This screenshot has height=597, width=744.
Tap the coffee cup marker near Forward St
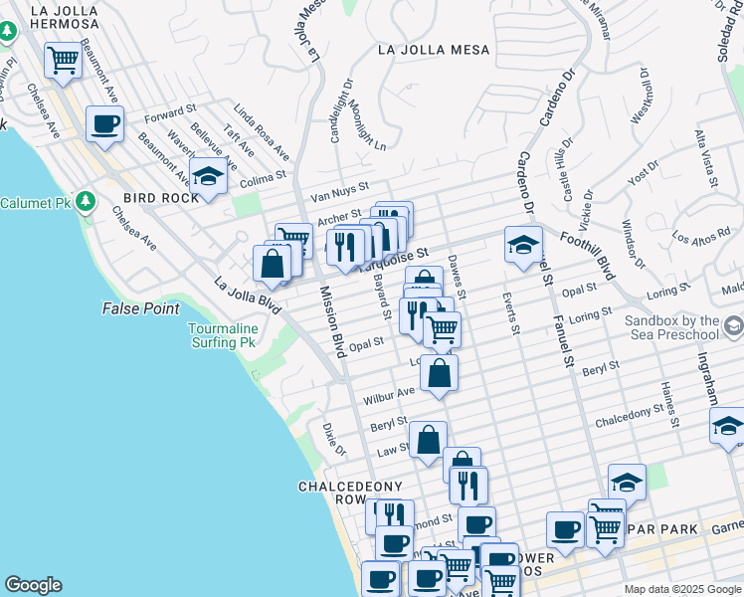click(104, 124)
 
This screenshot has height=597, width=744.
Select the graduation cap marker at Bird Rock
click(208, 176)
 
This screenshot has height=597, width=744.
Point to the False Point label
click(140, 309)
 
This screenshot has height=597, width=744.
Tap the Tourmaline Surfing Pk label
click(224, 335)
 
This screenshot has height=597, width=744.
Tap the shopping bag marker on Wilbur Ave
click(439, 374)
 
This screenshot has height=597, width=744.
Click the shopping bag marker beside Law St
click(428, 439)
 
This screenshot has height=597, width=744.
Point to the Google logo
click(33, 585)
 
